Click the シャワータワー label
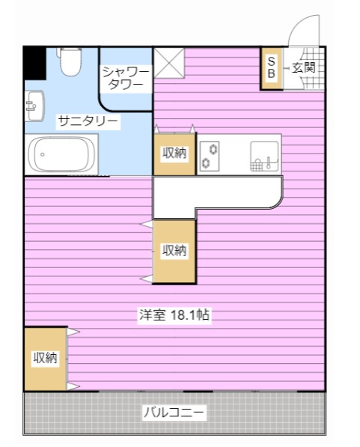126,78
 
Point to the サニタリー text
88,121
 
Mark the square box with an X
168,62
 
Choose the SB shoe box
271,69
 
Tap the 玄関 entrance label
303,67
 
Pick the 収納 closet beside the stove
174,153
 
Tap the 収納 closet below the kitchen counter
174,252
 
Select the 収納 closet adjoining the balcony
45,359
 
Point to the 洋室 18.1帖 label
174,316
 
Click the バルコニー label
174,413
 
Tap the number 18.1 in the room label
187,316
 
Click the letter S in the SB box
271,61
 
